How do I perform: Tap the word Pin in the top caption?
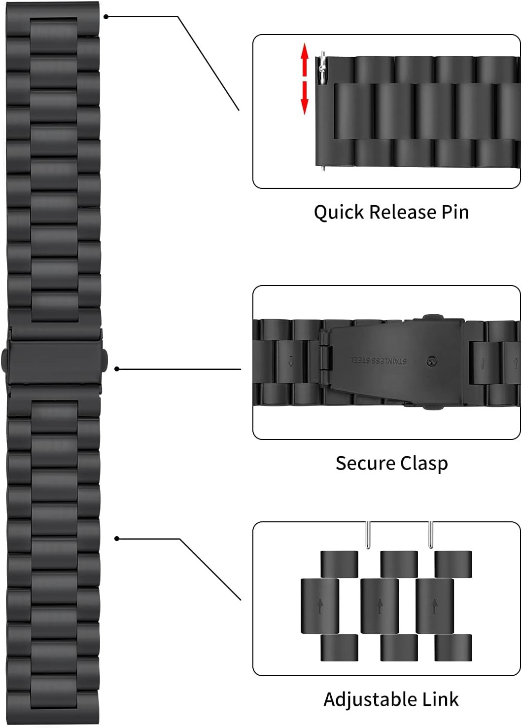click(x=454, y=212)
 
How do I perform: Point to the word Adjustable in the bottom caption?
click(x=363, y=699)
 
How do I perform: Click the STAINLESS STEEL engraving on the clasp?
click(x=379, y=361)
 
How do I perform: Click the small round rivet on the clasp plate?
click(x=431, y=362)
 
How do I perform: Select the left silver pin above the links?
click(x=368, y=535)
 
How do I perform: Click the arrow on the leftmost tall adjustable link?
click(x=320, y=606)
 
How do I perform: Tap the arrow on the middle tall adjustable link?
click(x=380, y=606)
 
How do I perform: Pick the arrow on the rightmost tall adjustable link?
click(x=435, y=606)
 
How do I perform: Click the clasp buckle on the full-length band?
click(x=54, y=358)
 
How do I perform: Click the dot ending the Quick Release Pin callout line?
click(x=106, y=16)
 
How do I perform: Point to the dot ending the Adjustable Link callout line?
click(x=117, y=539)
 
